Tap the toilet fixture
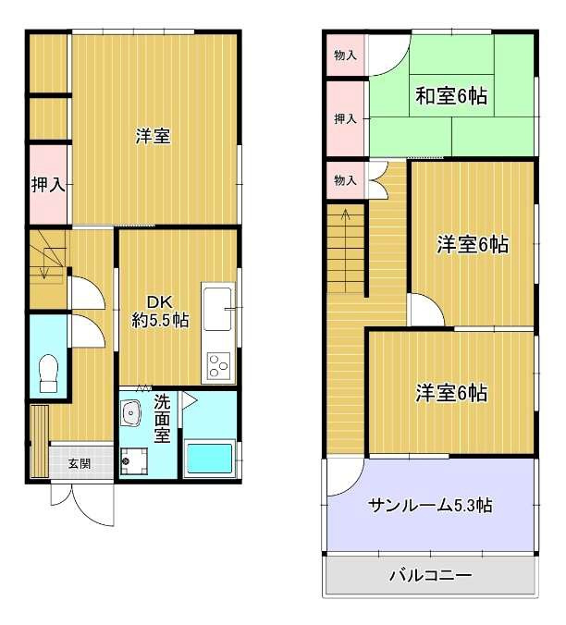tap(48, 374)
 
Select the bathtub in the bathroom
tap(209, 457)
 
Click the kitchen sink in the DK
tap(218, 309)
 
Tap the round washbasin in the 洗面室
tap(131, 412)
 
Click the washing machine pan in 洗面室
tap(133, 460)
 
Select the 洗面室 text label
tap(162, 417)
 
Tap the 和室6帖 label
tap(450, 94)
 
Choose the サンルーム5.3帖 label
tap(430, 505)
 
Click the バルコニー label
tap(430, 575)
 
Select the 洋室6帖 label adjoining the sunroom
tap(450, 393)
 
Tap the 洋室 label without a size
tap(152, 137)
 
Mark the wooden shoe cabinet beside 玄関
tap(38, 440)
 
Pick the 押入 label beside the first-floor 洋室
tap(47, 185)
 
